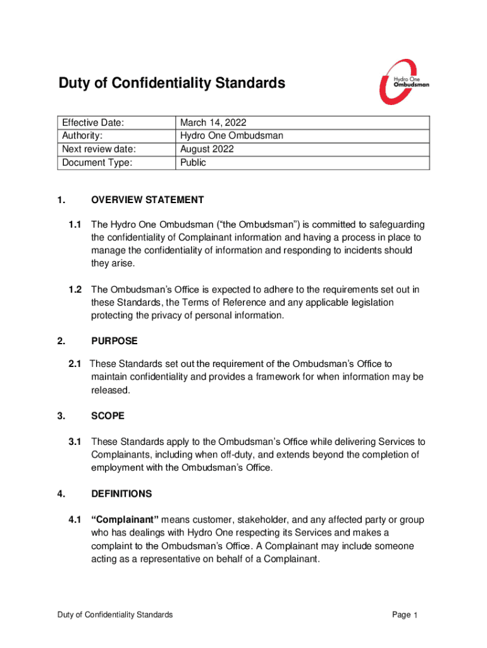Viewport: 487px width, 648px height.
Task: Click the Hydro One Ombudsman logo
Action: [x=404, y=82]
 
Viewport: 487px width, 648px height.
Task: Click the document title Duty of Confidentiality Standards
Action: [x=171, y=83]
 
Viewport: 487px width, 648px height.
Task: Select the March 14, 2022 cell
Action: [x=213, y=123]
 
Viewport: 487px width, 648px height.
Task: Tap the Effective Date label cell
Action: [x=92, y=123]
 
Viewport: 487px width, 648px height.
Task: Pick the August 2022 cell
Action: [x=207, y=149]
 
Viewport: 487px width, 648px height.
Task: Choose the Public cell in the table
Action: [x=193, y=163]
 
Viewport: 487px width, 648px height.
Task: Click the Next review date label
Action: [x=99, y=149]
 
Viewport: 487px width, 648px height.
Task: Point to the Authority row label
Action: [x=82, y=136]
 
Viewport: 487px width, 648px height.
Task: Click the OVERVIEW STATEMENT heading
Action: [x=147, y=200]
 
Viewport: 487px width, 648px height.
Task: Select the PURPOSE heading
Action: [x=114, y=341]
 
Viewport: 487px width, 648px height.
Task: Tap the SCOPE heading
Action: [x=108, y=416]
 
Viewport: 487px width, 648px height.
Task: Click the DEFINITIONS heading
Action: [x=121, y=493]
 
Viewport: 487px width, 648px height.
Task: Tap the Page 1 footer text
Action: [x=405, y=615]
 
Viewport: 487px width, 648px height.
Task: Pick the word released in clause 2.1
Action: [x=111, y=390]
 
